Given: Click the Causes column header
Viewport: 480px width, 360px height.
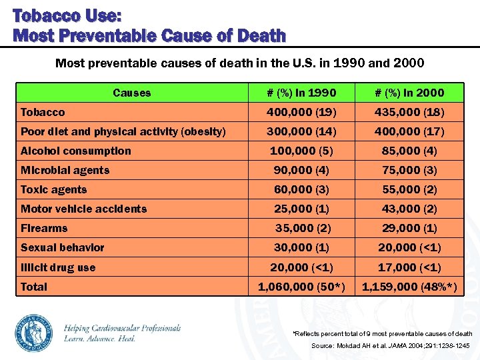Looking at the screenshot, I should coord(131,93).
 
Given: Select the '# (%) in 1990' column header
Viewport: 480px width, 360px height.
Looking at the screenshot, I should coord(301,93).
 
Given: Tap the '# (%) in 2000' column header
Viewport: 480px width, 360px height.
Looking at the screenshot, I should coord(409,93).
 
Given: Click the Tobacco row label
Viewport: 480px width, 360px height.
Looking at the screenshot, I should coord(43,112).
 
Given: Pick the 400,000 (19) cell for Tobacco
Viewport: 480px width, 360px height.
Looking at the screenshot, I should coord(301,112).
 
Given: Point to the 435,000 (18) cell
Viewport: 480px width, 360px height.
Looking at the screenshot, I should coord(409,112).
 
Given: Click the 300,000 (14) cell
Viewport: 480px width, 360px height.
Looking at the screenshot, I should coord(301,131).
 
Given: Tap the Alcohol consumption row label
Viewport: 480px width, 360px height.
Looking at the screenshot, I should coord(75,151).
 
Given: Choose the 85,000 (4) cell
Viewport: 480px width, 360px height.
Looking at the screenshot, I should coord(409,151).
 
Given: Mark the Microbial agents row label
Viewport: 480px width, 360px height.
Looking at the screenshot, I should coord(65,170).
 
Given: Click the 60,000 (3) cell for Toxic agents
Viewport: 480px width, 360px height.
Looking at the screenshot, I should coord(301,189).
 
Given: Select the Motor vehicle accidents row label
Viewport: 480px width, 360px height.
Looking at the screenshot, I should coord(83,209).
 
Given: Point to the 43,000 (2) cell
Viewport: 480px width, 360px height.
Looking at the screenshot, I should coord(409,209).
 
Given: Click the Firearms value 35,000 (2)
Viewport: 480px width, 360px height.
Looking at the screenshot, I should coord(301,228).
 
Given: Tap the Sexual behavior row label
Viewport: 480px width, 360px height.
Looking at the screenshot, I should coord(62,247).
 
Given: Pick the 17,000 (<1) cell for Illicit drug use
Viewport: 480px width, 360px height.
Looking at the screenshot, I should coord(409,267).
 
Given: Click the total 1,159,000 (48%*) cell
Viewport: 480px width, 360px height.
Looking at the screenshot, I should coord(409,287).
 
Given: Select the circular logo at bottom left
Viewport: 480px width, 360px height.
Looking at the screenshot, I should coord(34,331).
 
